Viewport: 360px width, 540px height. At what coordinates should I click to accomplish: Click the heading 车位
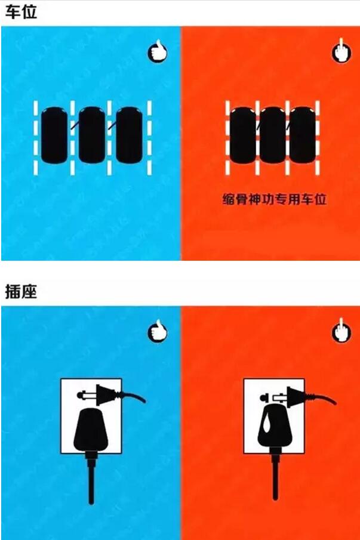21,12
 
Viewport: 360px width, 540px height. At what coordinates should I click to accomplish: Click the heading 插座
21,291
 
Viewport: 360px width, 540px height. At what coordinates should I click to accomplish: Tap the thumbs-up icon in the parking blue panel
158,51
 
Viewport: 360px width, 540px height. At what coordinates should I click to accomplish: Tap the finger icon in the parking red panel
341,51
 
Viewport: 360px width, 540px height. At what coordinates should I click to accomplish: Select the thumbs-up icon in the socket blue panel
158,331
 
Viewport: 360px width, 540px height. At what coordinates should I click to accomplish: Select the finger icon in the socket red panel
341,331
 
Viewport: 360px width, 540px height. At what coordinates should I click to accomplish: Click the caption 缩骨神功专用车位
274,199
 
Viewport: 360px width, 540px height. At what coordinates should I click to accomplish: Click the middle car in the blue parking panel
91,135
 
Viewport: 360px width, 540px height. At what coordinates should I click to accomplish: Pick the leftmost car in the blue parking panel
54,135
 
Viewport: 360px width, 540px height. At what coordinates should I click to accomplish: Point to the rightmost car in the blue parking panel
129,135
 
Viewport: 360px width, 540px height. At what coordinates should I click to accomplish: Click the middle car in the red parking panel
272,135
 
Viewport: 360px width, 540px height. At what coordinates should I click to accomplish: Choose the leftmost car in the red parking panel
243,135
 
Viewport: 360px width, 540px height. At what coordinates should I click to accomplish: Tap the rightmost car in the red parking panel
303,135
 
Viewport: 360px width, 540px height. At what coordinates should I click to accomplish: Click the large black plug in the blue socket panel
91,430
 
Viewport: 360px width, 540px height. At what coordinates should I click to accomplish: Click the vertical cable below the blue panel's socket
91,478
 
